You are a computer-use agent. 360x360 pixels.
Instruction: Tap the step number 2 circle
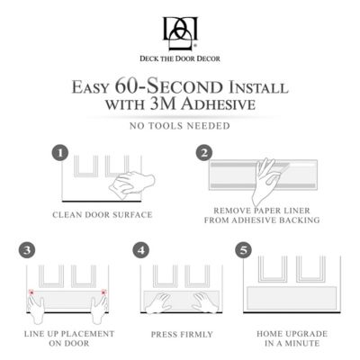pyautogui.click(x=204, y=153)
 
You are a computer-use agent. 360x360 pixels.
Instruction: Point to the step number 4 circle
pyautogui.click(x=140, y=247)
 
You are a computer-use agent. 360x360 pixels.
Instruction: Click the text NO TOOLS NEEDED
pyautogui.click(x=180, y=125)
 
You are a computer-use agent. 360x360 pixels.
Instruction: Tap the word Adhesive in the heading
pyautogui.click(x=221, y=104)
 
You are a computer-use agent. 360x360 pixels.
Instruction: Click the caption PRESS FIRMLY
pyautogui.click(x=183, y=334)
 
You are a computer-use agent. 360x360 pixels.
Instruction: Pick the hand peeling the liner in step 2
pyautogui.click(x=267, y=180)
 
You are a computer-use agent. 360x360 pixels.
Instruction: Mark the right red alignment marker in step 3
pyautogui.click(x=105, y=292)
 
